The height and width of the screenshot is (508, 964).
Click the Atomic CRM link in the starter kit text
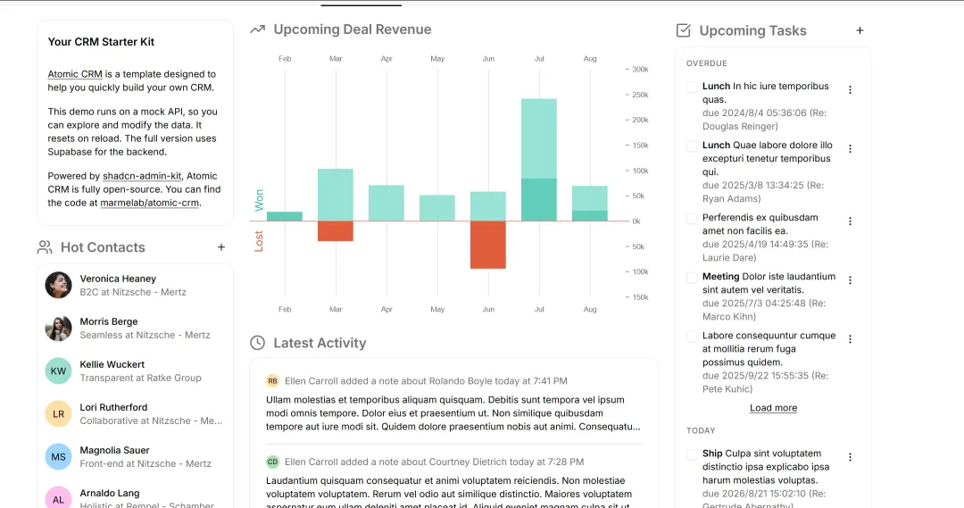click(x=75, y=74)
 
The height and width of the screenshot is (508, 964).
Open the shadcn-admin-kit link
click(x=142, y=176)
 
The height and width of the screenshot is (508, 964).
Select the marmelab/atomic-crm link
click(x=149, y=203)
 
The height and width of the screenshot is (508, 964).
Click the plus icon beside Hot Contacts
click(x=221, y=247)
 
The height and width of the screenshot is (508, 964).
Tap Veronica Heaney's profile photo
click(x=58, y=286)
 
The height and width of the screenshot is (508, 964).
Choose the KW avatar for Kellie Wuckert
click(x=58, y=371)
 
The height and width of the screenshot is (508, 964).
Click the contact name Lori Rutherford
click(x=113, y=407)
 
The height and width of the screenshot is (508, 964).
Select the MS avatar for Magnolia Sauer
click(x=58, y=457)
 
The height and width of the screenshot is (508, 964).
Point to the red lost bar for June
click(x=488, y=245)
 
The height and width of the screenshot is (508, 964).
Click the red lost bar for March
click(x=336, y=231)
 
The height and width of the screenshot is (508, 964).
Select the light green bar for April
click(x=386, y=203)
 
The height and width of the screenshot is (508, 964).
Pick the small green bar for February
click(x=285, y=216)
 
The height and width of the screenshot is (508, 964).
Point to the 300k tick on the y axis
click(x=640, y=70)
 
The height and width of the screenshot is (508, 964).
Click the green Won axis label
click(x=259, y=201)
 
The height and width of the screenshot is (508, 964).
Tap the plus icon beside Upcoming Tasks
click(x=860, y=30)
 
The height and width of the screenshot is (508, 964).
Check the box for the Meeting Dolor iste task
click(x=692, y=278)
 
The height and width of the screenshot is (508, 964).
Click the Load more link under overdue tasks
click(x=773, y=408)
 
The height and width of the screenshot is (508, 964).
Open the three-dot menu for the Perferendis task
click(x=851, y=221)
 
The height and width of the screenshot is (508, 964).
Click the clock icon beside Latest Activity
click(x=258, y=343)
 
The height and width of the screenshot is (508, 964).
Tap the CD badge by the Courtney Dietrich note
click(x=272, y=462)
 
